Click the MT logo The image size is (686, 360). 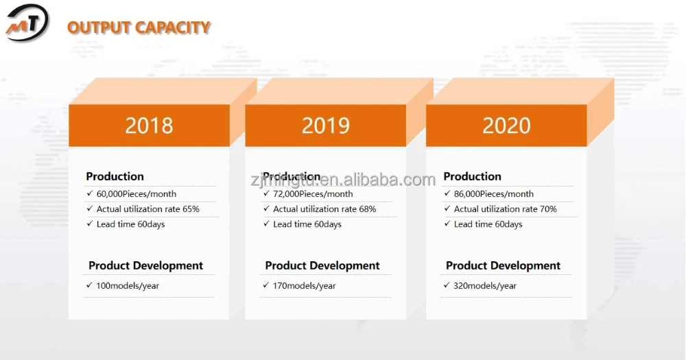pyautogui.click(x=27, y=22)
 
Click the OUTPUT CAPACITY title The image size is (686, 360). pyautogui.click(x=139, y=27)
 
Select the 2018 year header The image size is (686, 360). pyautogui.click(x=149, y=125)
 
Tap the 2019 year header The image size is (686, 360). pyautogui.click(x=325, y=125)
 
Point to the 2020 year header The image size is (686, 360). pyautogui.click(x=506, y=125)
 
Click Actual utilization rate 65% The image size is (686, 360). pyautogui.click(x=148, y=209)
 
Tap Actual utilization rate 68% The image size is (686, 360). pyautogui.click(x=324, y=209)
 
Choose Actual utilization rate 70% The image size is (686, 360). pyautogui.click(x=506, y=209)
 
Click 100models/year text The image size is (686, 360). pyautogui.click(x=128, y=286)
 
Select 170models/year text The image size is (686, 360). pyautogui.click(x=304, y=286)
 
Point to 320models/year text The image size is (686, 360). pyautogui.click(x=485, y=286)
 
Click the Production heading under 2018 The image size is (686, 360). pyautogui.click(x=115, y=176)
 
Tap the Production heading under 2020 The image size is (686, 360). pyautogui.click(x=472, y=176)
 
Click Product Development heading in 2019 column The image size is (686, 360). pyautogui.click(x=322, y=265)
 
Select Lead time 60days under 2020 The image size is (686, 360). pyautogui.click(x=488, y=224)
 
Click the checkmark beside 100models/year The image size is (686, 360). pyautogui.click(x=89, y=285)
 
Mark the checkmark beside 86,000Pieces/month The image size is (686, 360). pyautogui.click(x=447, y=193)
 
